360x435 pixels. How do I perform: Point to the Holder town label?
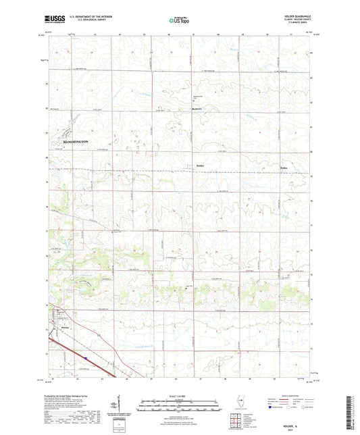point(199,165)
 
